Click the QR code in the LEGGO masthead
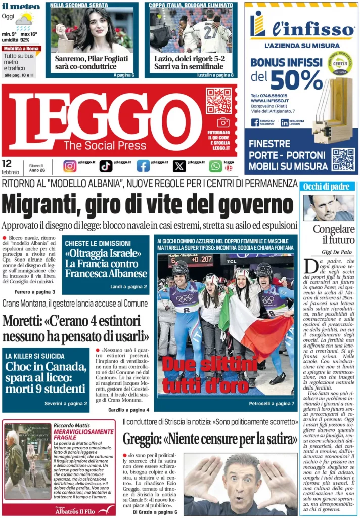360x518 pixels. [218, 101]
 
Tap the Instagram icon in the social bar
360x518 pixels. [70, 166]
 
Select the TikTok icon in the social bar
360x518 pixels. [106, 166]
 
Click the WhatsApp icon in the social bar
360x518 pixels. [215, 166]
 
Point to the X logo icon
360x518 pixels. [179, 166]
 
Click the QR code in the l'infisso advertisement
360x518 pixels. [343, 159]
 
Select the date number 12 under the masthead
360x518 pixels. [7, 164]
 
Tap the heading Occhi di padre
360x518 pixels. [320, 187]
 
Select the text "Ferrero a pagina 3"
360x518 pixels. [34, 292]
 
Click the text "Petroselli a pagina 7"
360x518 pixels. [271, 404]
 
